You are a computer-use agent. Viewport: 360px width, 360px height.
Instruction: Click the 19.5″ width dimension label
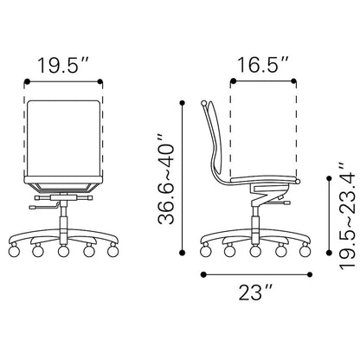[62, 65]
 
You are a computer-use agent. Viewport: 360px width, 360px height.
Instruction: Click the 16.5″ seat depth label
[262, 65]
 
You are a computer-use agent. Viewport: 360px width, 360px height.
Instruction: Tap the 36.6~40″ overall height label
[166, 178]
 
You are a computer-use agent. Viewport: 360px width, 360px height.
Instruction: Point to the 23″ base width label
[255, 292]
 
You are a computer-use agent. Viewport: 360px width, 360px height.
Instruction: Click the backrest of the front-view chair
[63, 138]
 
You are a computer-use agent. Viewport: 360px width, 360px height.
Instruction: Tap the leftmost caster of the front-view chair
[14, 251]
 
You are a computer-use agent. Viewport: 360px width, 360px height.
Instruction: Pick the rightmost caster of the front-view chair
[112, 250]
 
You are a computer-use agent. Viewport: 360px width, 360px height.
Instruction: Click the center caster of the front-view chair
[63, 251]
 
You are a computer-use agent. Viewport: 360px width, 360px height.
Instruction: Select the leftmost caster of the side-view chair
[205, 251]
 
